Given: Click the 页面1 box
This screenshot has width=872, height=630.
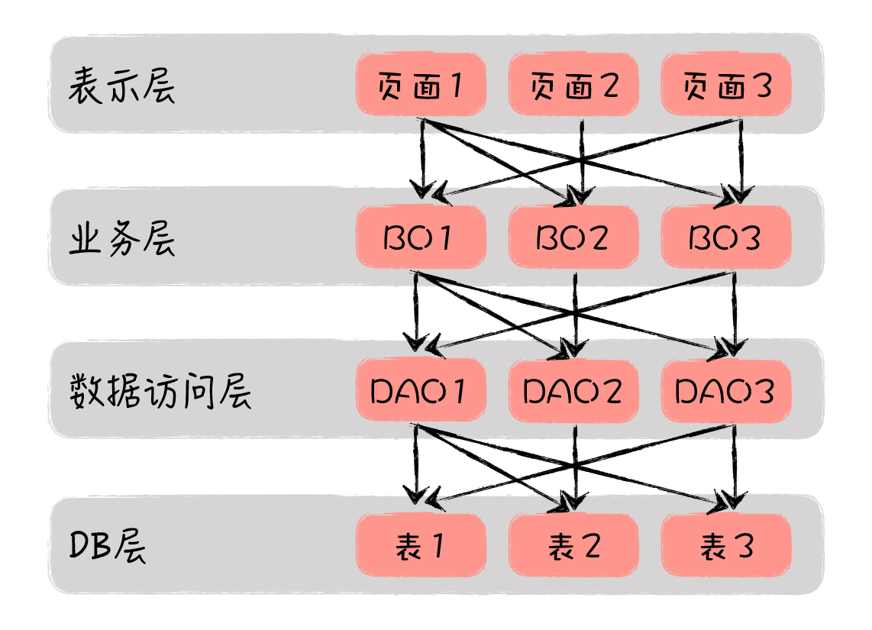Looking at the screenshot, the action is (421, 85).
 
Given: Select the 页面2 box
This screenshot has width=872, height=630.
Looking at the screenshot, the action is (573, 85).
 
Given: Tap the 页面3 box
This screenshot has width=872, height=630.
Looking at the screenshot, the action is (725, 85).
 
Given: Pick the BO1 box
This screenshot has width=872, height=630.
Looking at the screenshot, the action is (421, 237).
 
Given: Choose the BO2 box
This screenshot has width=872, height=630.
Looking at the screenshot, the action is (573, 237).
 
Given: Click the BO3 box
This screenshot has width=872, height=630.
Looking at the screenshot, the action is (725, 237).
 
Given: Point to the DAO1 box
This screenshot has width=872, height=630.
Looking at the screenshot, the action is (421, 389).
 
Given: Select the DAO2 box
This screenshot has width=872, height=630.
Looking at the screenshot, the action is (573, 389).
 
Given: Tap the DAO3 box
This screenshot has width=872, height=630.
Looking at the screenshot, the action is (725, 389).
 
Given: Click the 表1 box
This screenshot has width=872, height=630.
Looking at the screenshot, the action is (421, 544).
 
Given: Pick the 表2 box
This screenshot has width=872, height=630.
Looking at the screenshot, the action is (573, 544).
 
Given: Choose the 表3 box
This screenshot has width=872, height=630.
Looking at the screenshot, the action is (725, 544).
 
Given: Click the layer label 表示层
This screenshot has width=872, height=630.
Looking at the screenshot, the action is (121, 86).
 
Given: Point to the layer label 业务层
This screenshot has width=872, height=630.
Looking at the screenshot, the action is (121, 238).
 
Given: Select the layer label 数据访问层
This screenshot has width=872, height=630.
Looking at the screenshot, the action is (160, 391).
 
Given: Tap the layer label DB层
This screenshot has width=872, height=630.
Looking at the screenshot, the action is (108, 545).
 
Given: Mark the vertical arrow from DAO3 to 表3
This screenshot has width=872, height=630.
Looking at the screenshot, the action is (735, 466).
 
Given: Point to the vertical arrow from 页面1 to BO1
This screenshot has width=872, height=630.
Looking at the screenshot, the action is (422, 159).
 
